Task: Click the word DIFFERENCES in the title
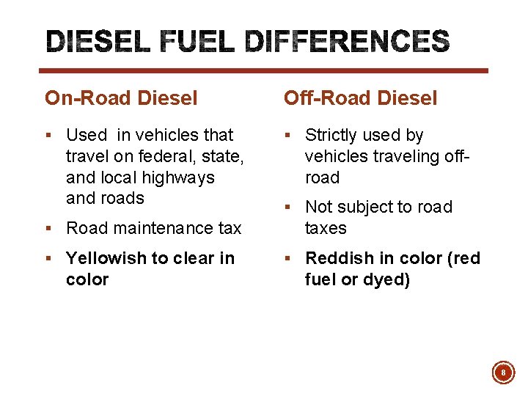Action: (x=346, y=43)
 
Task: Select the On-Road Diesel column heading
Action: (x=121, y=98)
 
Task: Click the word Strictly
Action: (x=334, y=135)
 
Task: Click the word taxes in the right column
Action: (x=326, y=228)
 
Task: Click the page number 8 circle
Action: (x=503, y=373)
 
